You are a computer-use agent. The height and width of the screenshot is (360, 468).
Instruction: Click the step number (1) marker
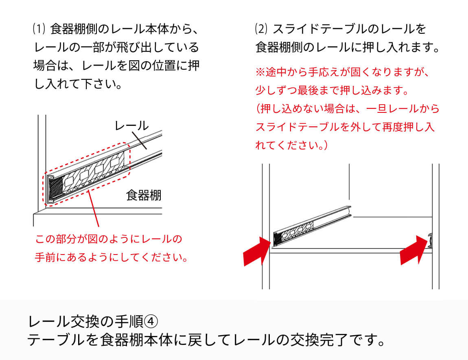click(39, 29)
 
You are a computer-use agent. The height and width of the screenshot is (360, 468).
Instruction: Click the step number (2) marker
click(261, 29)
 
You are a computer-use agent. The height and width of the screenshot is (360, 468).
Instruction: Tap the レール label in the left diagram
click(131, 126)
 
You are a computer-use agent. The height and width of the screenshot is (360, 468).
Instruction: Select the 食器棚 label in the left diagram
click(144, 195)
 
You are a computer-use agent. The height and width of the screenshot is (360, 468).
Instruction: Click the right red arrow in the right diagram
click(414, 250)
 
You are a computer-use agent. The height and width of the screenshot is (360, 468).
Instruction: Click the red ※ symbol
click(260, 72)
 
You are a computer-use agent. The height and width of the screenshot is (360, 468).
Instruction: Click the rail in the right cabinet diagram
click(312, 226)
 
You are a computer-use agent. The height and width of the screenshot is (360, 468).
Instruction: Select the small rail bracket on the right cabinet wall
click(431, 241)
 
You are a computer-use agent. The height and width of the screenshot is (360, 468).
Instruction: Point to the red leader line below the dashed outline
click(94, 208)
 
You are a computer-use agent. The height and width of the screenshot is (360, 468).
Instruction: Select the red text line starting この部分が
click(109, 239)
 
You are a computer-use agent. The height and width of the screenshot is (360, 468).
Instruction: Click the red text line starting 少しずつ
click(332, 90)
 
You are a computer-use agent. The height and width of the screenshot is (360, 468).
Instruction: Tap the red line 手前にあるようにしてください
click(111, 257)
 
